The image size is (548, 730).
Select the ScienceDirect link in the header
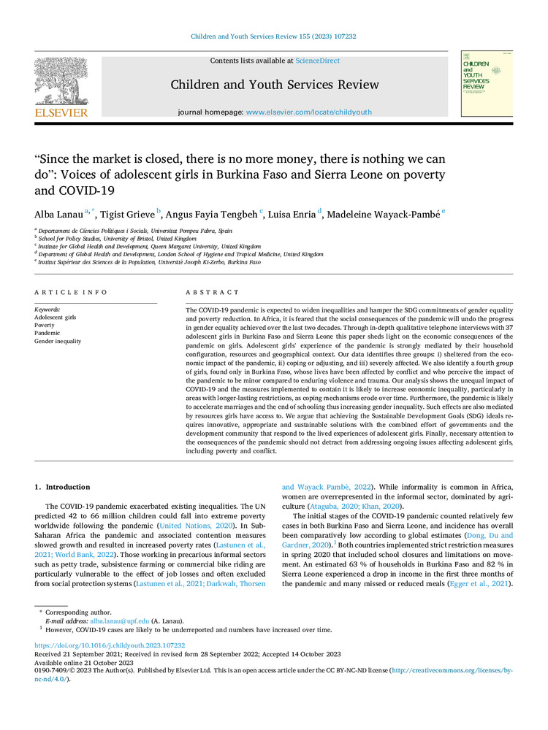pos(318,61)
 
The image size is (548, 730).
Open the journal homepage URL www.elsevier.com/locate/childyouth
pos(309,112)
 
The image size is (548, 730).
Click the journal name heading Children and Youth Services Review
pos(275,85)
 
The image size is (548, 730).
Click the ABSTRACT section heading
pos(208,292)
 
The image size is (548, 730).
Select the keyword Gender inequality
pos(58,341)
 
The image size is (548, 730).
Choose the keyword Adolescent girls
pos(56,317)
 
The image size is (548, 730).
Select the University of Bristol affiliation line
pos(118,238)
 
